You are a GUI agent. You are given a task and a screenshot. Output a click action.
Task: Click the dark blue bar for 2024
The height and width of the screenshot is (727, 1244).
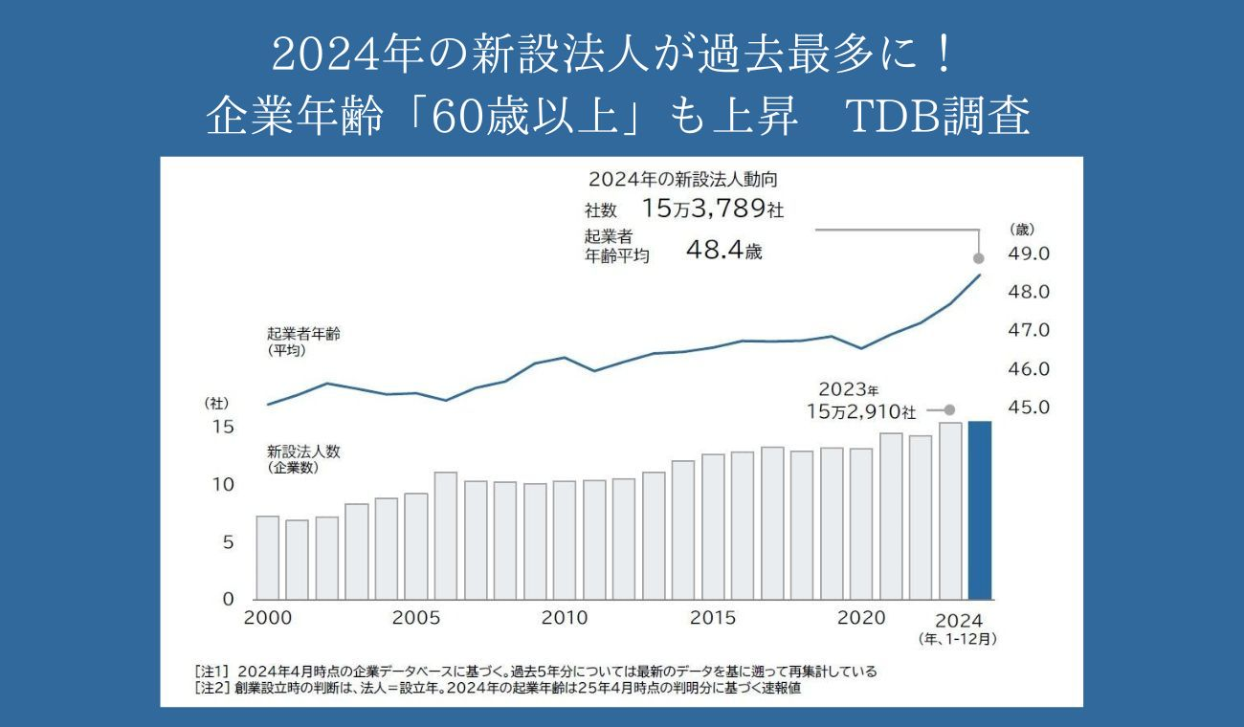980,510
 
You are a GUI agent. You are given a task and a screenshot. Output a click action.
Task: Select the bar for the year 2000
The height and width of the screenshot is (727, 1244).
268,558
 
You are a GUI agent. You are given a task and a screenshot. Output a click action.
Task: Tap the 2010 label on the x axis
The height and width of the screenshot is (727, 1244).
565,619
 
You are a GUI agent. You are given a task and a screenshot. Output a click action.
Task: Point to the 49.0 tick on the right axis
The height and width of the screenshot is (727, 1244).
1031,253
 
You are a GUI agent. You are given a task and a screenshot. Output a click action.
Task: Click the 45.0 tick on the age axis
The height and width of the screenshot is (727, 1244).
1031,408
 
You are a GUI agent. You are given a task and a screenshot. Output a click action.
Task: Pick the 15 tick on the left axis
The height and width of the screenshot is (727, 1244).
222,427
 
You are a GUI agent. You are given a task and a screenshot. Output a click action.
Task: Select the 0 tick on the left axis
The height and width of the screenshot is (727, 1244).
228,600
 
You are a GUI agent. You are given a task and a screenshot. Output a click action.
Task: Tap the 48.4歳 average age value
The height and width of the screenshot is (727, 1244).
724,252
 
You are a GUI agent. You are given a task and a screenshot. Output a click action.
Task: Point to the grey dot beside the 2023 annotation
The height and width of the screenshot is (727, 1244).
950,408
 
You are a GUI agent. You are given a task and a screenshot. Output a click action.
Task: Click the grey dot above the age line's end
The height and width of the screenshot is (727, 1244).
979,258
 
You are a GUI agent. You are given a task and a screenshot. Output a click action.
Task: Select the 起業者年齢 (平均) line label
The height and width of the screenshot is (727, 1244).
303,342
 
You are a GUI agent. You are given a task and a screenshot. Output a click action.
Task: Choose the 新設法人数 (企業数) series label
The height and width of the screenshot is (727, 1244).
305,459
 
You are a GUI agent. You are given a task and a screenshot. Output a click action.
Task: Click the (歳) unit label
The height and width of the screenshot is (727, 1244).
1022,230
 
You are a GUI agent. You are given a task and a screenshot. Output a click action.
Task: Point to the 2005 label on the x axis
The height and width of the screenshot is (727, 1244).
416,619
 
